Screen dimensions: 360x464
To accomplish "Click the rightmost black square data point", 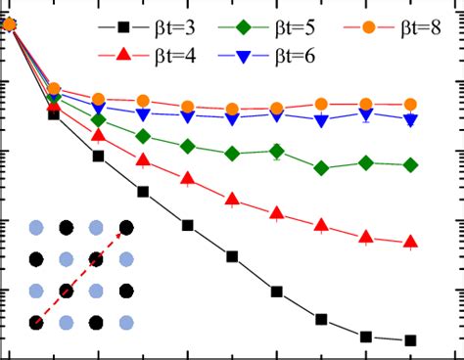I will point(410,340).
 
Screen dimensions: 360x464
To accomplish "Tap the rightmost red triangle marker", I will point(410,241).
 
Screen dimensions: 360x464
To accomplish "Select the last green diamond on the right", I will point(410,164).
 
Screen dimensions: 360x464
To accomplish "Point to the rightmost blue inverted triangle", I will point(410,119).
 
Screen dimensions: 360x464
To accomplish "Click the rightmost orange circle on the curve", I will point(410,104).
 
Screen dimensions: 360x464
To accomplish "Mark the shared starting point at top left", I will point(10,24).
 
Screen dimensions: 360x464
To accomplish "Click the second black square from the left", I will point(54,114).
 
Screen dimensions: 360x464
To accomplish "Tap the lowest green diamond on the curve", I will point(321,168).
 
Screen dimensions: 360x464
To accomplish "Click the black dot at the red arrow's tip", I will point(126,229).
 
